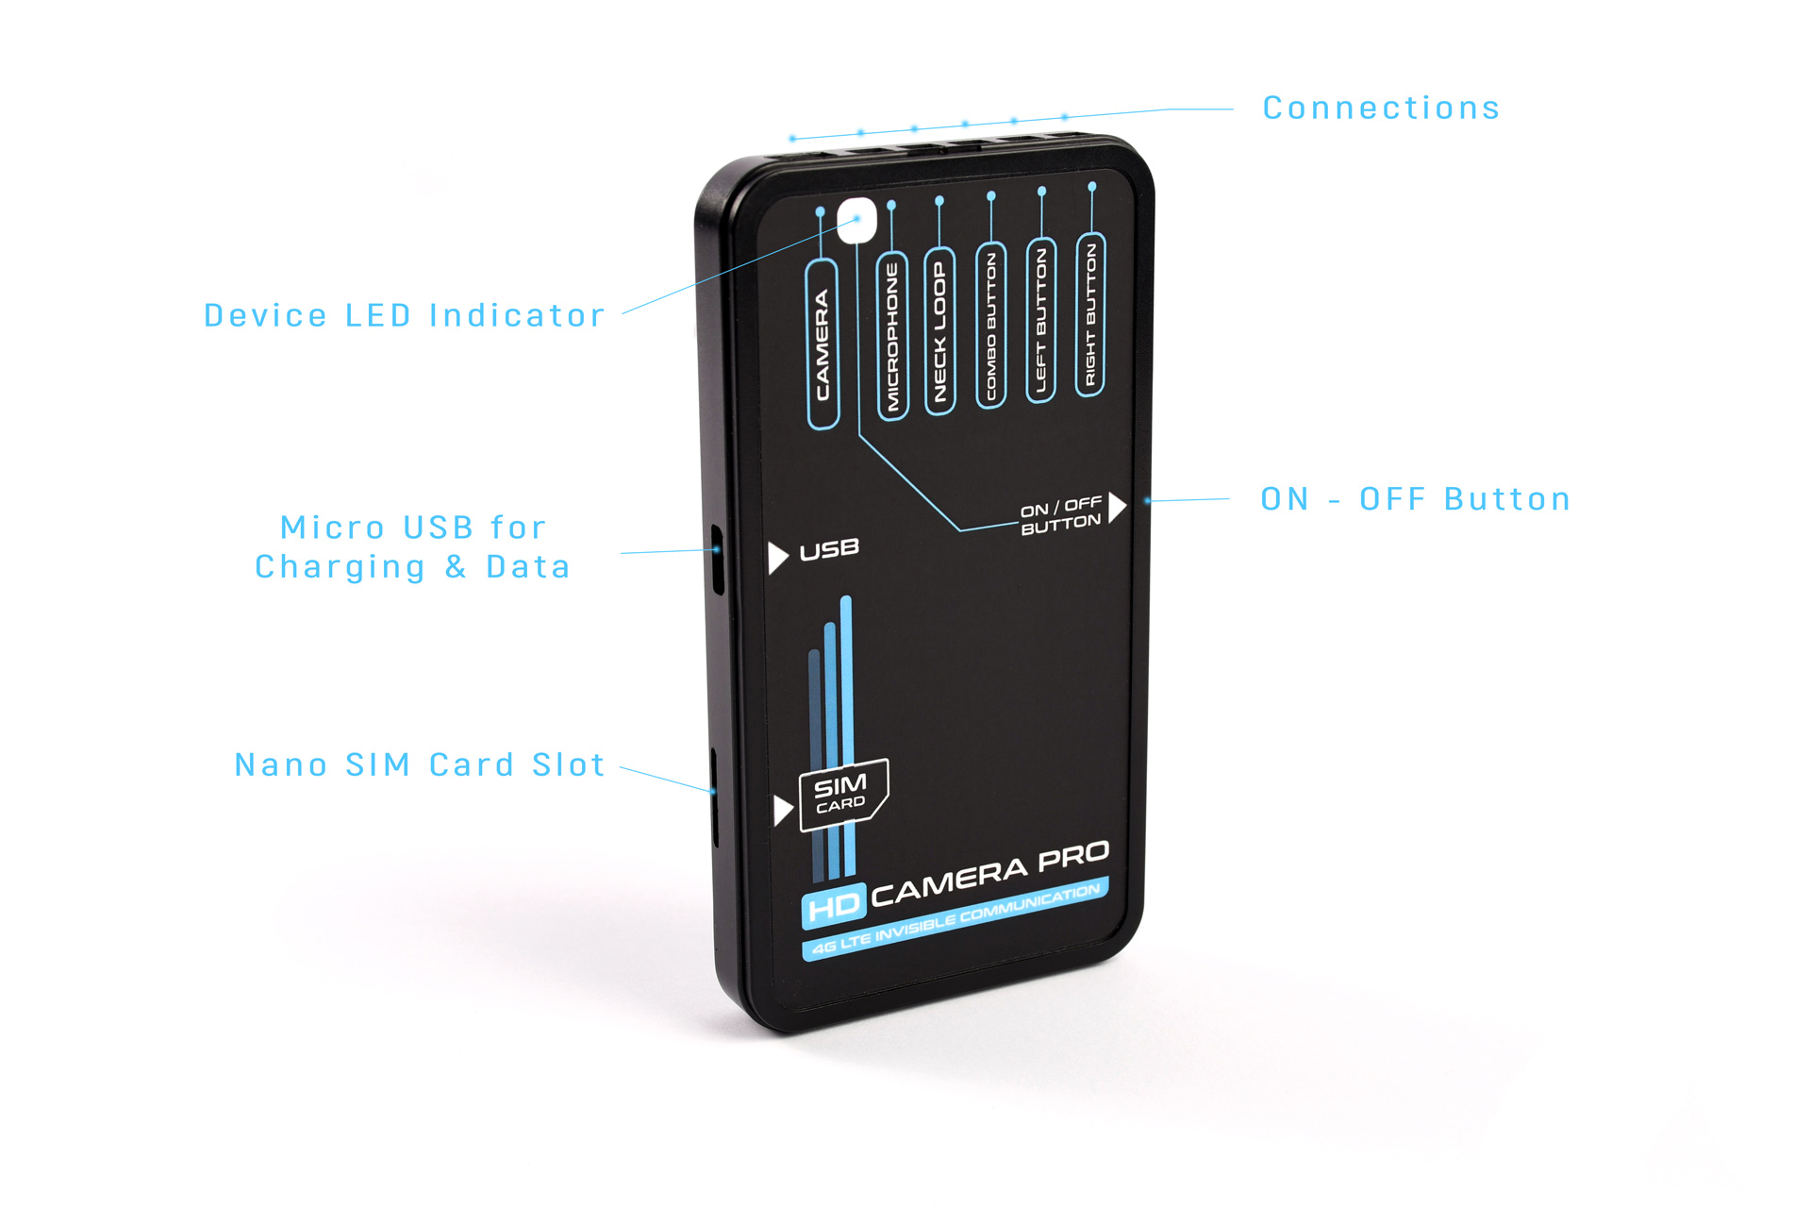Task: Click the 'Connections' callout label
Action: coord(1381,109)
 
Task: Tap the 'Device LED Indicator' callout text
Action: coord(405,315)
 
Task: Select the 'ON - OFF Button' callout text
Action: coord(1416,499)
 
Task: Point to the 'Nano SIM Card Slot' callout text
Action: coord(420,764)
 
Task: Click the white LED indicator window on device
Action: coord(856,222)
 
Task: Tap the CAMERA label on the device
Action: coord(822,344)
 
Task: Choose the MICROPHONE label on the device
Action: coord(892,335)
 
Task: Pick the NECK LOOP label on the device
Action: coord(939,330)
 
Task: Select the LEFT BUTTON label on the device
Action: coord(1041,319)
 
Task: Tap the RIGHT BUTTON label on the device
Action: coord(1090,314)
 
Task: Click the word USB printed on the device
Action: coord(829,549)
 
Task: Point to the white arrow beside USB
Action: coord(778,558)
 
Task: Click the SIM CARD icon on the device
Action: coord(843,795)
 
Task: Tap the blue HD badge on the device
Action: coord(834,907)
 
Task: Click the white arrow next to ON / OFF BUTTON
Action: coord(1118,507)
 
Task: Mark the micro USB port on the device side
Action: coord(718,558)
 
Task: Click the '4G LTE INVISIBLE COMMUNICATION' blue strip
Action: coord(955,918)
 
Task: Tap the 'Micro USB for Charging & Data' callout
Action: coord(413,547)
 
